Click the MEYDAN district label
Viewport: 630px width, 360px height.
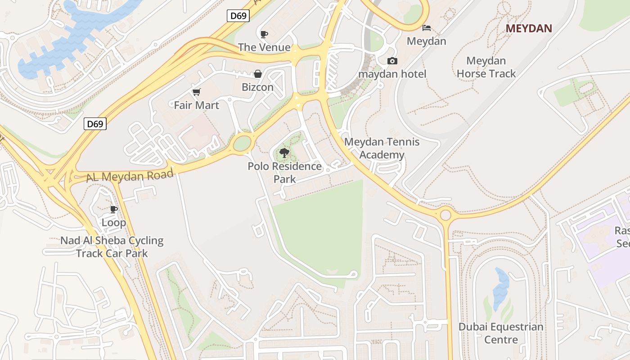(529, 28)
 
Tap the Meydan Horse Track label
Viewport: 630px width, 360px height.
(486, 67)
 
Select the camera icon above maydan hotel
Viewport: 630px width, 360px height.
(392, 61)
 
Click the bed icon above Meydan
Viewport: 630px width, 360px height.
(426, 28)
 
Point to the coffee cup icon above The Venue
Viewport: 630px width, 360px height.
(264, 34)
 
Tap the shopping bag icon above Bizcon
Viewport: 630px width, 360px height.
(258, 74)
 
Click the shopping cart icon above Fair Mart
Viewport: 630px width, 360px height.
(196, 92)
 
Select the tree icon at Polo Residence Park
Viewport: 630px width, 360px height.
(284, 153)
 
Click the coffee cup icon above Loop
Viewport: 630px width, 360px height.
(114, 209)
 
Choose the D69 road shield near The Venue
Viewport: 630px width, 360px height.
(238, 16)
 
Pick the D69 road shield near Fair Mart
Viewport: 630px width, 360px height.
(95, 124)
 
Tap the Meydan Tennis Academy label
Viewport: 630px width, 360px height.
(382, 148)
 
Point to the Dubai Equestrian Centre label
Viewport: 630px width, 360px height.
(501, 333)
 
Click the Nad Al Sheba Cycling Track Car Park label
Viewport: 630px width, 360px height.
(112, 247)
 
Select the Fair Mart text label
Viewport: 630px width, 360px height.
(197, 105)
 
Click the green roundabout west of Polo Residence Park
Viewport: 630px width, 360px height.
(242, 144)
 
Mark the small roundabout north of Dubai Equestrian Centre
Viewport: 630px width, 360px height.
(445, 214)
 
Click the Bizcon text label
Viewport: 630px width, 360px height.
(257, 87)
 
